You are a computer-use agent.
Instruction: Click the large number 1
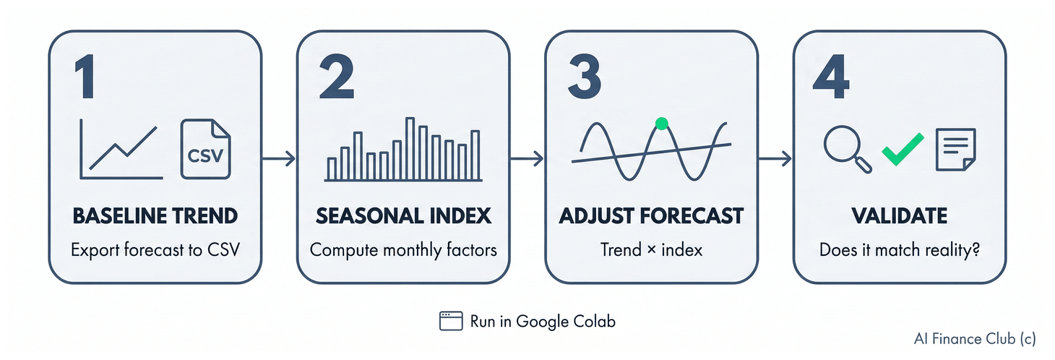86,76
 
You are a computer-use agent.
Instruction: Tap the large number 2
336,76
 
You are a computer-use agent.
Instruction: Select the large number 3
585,76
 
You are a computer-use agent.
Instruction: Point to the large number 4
831,76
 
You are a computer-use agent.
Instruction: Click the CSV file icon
205,149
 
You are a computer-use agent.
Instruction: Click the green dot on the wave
662,124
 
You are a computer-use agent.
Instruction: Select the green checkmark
903,150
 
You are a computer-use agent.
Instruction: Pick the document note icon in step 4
955,150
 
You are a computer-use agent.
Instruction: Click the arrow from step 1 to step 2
279,158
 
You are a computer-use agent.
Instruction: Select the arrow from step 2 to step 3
527,158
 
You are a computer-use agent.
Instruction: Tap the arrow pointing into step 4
775,158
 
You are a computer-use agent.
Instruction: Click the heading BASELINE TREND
155,216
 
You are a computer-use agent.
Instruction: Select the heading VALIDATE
900,216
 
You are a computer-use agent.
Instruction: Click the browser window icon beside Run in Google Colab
451,321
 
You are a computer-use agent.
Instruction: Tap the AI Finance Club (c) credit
975,339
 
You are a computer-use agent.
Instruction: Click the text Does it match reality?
900,249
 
